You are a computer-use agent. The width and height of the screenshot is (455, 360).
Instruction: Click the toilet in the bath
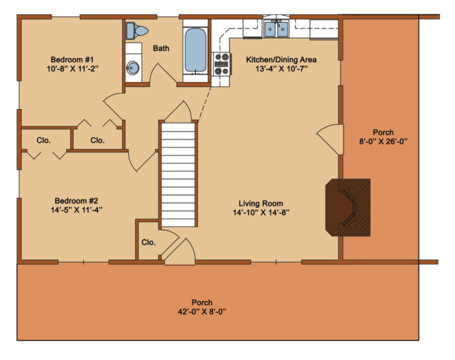click(x=136, y=30)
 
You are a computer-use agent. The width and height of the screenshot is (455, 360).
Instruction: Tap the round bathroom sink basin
click(x=133, y=66)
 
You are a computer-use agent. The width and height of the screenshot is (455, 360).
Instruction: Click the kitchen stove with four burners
click(x=223, y=64)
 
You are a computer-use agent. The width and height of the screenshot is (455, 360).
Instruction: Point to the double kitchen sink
click(x=276, y=28)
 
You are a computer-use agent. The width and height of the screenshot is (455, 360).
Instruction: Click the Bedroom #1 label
click(x=66, y=58)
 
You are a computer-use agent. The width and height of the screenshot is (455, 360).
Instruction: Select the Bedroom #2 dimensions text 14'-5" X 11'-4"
click(x=77, y=209)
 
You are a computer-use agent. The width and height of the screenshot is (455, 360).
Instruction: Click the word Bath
click(x=161, y=48)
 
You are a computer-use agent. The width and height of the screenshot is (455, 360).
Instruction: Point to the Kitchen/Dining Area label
click(x=281, y=59)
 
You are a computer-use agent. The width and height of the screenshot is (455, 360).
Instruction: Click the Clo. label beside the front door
click(x=148, y=243)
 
